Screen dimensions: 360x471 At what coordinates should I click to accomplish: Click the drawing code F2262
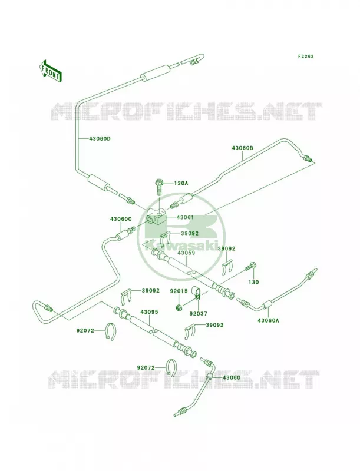[x=306, y=56]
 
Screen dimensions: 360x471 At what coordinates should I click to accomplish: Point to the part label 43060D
[x=100, y=139]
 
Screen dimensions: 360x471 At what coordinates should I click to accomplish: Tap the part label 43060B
[x=242, y=148]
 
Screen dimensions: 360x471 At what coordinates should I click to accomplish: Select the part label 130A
[x=181, y=183]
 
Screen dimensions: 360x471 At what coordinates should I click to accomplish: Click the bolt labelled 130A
[x=159, y=187]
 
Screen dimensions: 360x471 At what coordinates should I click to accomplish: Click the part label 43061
[x=185, y=217]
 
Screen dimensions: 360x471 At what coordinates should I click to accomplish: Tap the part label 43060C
[x=121, y=219]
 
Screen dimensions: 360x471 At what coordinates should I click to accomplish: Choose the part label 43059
[x=186, y=253]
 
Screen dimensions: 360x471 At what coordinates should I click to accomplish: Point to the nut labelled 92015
[x=178, y=307]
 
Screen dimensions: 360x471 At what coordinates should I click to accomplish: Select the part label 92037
[x=199, y=314]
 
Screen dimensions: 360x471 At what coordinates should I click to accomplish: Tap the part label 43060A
[x=268, y=320]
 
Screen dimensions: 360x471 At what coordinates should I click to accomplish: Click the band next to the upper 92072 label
[x=112, y=332]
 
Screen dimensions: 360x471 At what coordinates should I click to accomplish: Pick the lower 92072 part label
[x=146, y=367]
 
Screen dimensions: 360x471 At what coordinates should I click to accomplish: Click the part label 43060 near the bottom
[x=232, y=377]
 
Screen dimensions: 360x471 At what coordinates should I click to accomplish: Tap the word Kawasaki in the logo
[x=180, y=245]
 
